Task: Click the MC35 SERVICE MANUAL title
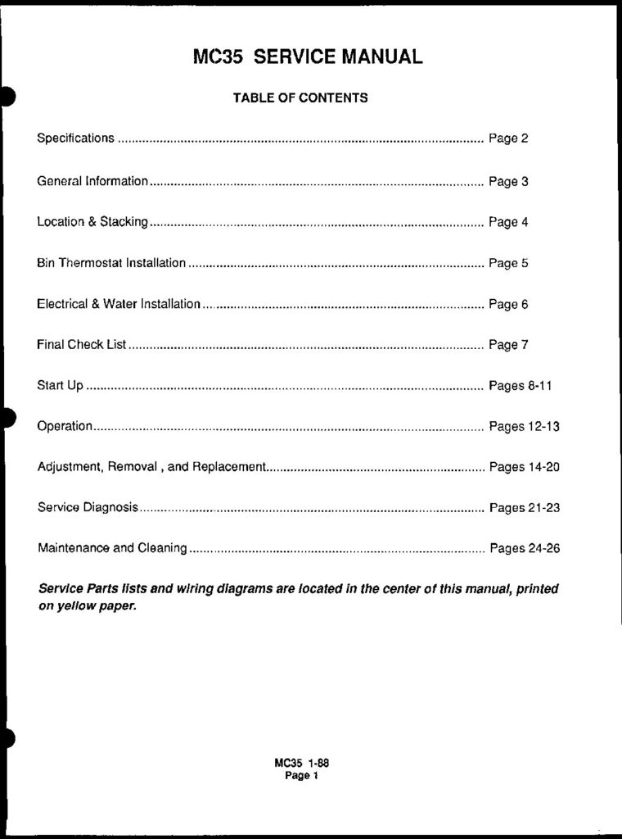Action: pos(308,57)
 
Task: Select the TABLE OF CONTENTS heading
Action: pos(300,98)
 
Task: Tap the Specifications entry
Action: pos(75,138)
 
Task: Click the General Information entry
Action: pos(92,180)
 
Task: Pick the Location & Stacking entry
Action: pos(92,221)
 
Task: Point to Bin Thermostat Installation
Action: pos(111,263)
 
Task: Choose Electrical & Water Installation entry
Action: pos(119,304)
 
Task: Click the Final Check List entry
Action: pos(82,345)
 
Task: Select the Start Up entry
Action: pos(60,385)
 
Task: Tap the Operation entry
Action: pos(65,426)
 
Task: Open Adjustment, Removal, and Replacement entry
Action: pos(152,467)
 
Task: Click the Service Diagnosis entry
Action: pos(88,508)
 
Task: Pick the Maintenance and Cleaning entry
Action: pos(112,548)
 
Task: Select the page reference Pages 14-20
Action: pos(524,467)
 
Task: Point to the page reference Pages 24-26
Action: pos(524,548)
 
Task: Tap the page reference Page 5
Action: pos(508,263)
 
